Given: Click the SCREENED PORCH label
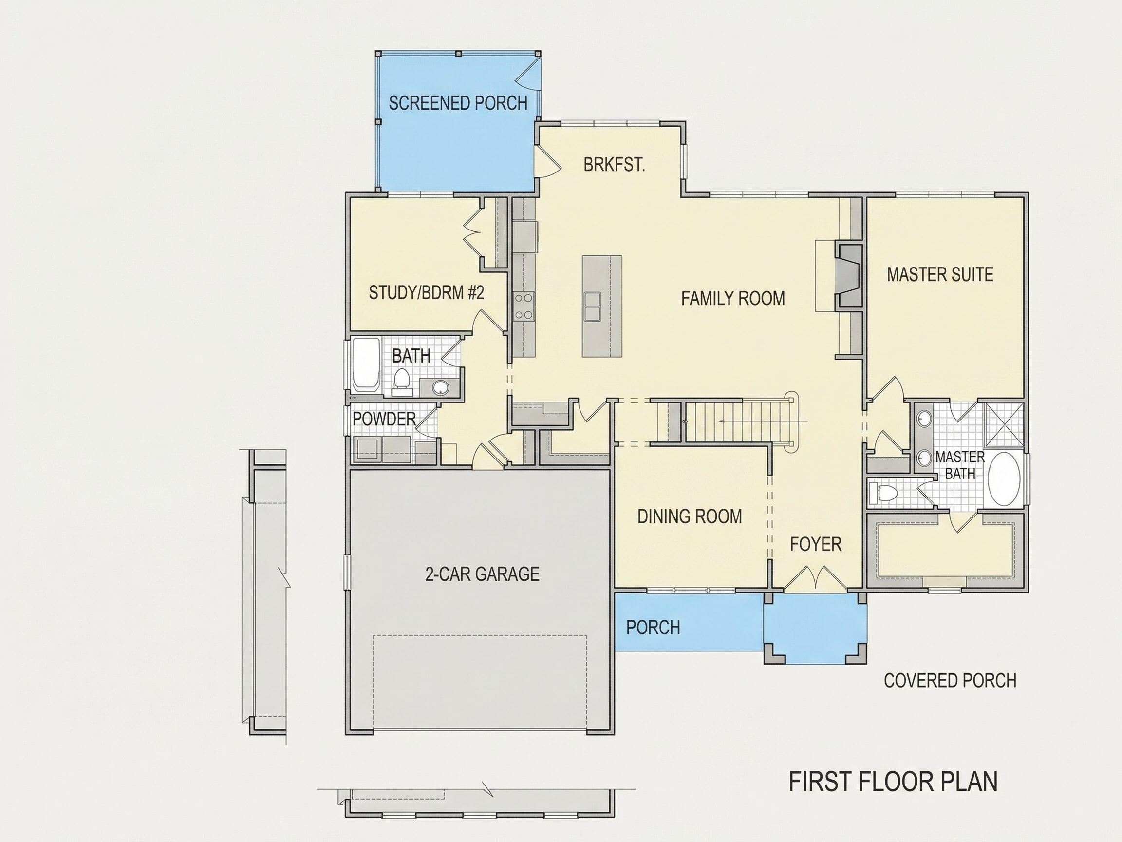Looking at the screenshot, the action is coord(458,103).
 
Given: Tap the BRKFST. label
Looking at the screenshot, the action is coord(614,165).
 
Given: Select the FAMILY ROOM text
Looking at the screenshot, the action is coord(733,298).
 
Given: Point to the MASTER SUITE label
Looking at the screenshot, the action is coord(940,275).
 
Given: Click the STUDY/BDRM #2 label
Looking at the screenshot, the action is coord(426,292).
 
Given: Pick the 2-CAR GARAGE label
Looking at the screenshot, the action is coord(482,574).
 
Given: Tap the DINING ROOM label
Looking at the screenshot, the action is coord(690,517).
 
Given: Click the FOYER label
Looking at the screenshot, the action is coord(816,545).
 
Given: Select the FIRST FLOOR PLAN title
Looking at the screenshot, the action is coord(893,782).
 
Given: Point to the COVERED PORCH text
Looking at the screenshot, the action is coord(950,681).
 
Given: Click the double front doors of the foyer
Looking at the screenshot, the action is coord(816,578).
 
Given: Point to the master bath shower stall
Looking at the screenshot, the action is coord(1003,424).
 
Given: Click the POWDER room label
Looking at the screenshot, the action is coord(384,419).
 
